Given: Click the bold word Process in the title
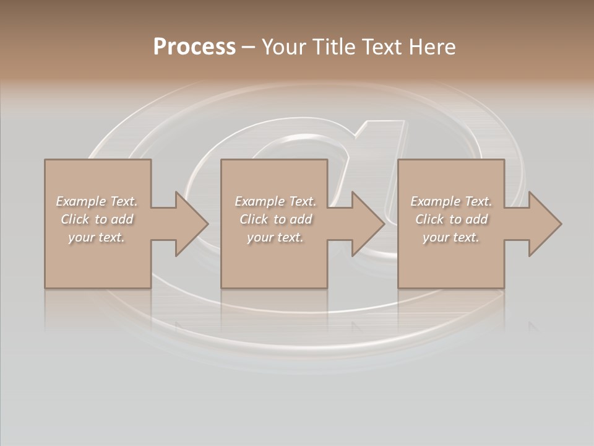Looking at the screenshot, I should [x=194, y=47].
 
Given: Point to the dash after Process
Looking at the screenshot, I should [x=248, y=48].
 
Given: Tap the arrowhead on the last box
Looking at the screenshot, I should [x=544, y=224].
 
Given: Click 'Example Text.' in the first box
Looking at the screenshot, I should [x=97, y=201].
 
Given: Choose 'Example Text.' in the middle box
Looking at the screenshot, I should [x=275, y=201].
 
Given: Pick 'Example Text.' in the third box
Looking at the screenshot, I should [x=451, y=201].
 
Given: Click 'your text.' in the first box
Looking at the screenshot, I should [x=97, y=237].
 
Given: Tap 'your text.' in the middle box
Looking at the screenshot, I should [x=275, y=237].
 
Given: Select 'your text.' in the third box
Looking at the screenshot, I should [x=451, y=237].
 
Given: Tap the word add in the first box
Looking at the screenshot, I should [x=123, y=219].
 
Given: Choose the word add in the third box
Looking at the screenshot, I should [x=477, y=219].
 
